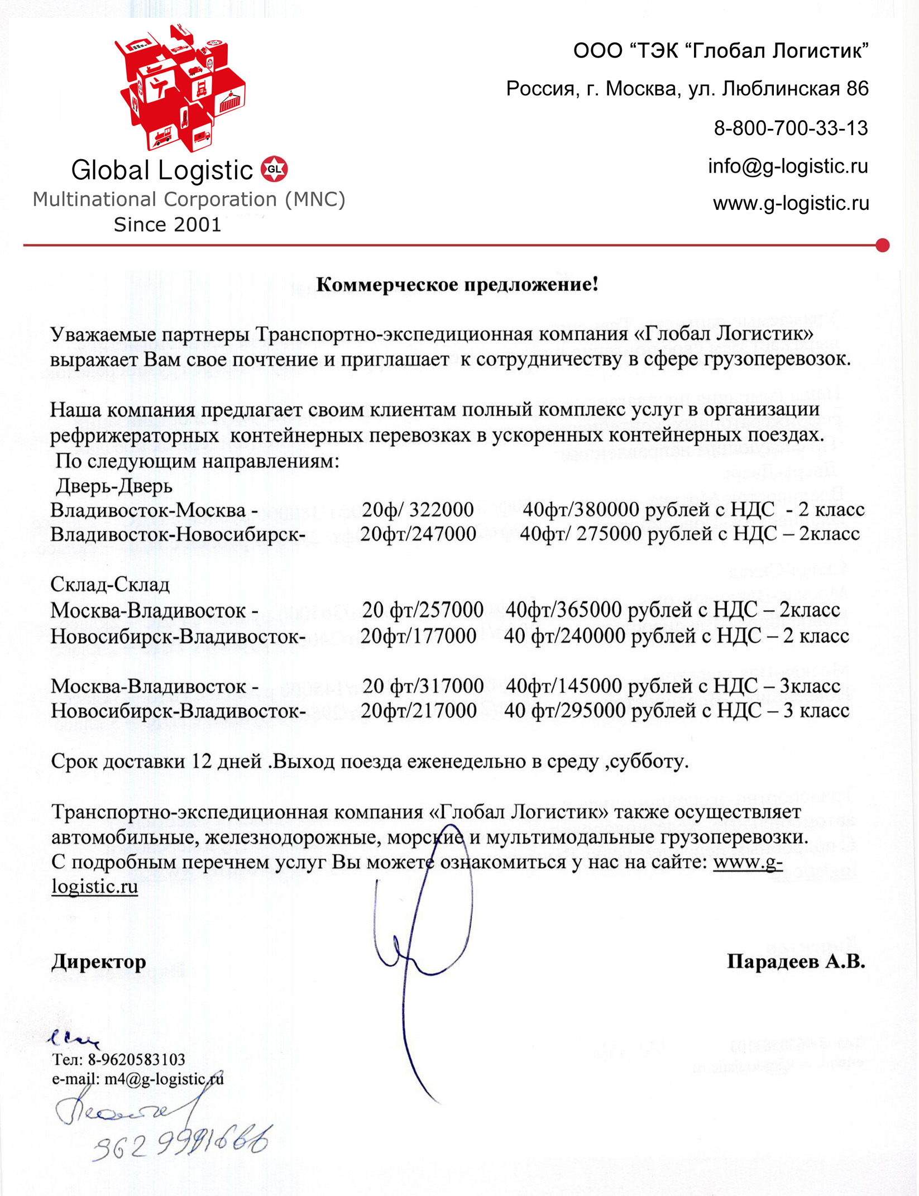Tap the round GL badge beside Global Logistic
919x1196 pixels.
pos(274,169)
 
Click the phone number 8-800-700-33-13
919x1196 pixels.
pos(791,128)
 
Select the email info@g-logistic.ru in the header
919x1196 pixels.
pos(788,166)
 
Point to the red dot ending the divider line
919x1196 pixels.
pos(882,245)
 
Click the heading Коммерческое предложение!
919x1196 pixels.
pos(457,284)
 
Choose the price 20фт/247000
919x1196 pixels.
pos(418,534)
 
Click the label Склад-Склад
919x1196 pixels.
pos(110,584)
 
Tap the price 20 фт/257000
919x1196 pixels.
pos(423,610)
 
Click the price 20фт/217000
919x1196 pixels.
pos(418,711)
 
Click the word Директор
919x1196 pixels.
pos(99,961)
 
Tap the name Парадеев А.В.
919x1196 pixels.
pos(796,961)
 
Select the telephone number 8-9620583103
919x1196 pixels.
pos(136,1059)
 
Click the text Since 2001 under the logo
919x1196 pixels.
pos(167,224)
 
